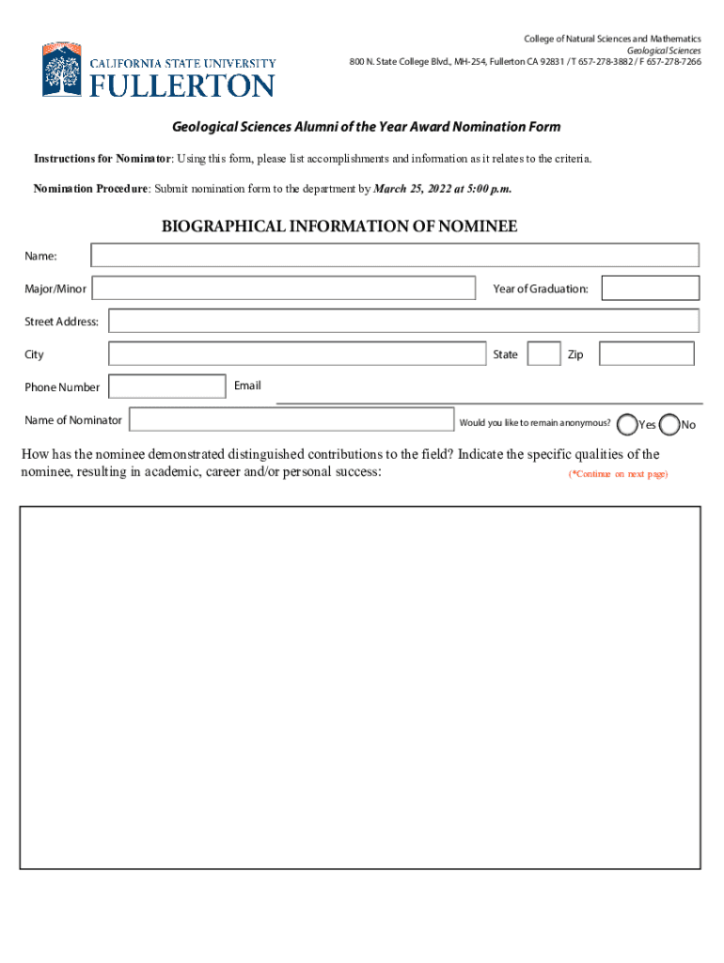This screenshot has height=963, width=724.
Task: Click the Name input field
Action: [395, 255]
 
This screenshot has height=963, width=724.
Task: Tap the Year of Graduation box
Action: [650, 288]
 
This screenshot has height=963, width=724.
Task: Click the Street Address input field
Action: [403, 321]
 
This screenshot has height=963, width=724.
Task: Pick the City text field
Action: [296, 354]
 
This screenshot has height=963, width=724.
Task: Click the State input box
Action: [543, 354]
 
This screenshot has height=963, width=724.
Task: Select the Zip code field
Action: [646, 354]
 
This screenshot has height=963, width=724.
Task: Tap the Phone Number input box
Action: [167, 387]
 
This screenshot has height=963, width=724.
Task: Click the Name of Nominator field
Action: [291, 419]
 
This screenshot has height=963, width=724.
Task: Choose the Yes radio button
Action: [627, 425]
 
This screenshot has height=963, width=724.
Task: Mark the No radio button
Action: [669, 425]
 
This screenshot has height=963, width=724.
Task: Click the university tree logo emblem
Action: [62, 71]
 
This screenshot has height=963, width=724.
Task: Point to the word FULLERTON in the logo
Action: [181, 86]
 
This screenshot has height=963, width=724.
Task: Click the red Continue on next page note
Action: [618, 474]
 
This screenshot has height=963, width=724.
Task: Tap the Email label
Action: [247, 386]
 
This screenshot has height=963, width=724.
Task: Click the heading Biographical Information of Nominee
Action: [339, 227]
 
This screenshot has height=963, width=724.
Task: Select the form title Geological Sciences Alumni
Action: [365, 127]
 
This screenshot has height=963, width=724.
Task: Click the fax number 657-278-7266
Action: [674, 62]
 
